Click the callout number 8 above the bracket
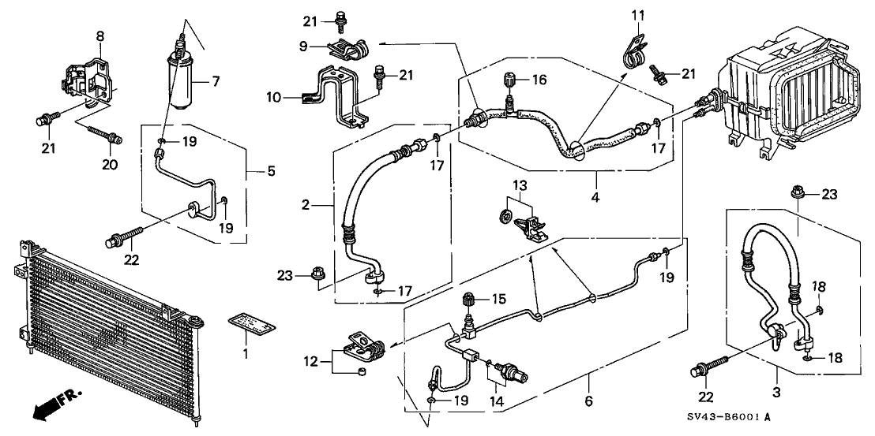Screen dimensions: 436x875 pyautogui.click(x=100, y=36)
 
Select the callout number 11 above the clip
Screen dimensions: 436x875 pyautogui.click(x=638, y=14)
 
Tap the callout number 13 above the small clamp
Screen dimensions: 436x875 pyautogui.click(x=517, y=184)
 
